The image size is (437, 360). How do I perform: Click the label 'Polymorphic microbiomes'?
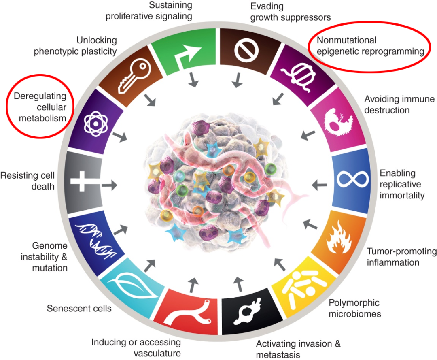(x=354, y=308)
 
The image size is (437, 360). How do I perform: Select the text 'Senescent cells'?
(x=79, y=309)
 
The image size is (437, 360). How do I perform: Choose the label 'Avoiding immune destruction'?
(x=399, y=104)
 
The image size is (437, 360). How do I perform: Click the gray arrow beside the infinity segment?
(x=320, y=185)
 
